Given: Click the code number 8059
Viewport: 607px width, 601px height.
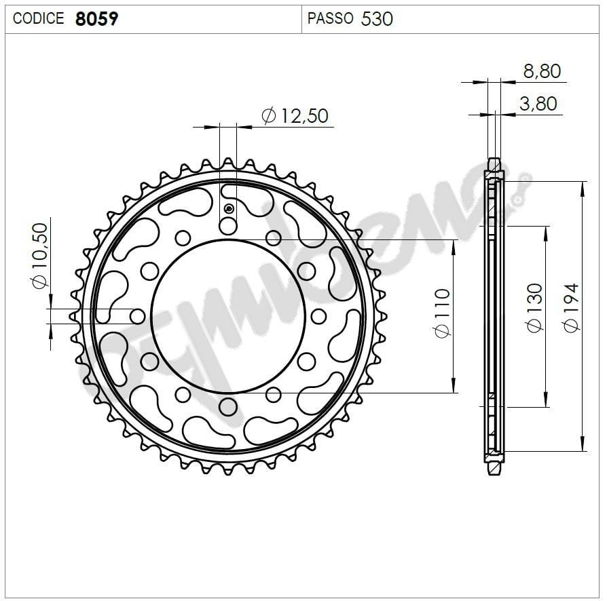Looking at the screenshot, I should [96, 18].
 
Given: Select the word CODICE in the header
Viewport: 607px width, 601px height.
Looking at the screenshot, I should [38, 18].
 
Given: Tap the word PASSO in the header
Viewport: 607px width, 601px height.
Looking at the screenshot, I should [330, 18].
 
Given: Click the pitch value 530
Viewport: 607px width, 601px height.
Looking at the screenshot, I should [377, 18].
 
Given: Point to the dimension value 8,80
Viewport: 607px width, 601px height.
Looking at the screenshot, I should [541, 71].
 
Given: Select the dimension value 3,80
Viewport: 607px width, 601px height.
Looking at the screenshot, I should [538, 104].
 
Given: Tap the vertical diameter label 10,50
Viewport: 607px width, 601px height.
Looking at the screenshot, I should [40, 255].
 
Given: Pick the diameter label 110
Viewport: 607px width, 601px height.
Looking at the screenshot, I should [442, 313].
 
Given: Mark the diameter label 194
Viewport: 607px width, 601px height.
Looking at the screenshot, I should [572, 307].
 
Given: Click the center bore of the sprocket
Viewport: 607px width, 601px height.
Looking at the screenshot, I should [227, 316].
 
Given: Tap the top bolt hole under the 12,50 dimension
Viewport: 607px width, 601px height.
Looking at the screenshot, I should [228, 226].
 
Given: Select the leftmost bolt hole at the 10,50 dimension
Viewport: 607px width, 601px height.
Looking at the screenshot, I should [138, 316].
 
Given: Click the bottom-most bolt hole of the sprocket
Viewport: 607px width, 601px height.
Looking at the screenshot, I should [228, 406].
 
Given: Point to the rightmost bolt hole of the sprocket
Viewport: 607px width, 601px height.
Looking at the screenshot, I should [318, 316].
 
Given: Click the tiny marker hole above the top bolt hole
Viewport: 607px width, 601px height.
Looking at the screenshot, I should [229, 208].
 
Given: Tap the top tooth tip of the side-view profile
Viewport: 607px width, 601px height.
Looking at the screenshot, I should [495, 162].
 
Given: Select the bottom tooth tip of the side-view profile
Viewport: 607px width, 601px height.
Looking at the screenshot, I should [495, 471].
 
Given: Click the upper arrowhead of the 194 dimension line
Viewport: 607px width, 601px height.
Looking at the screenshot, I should [582, 187].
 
